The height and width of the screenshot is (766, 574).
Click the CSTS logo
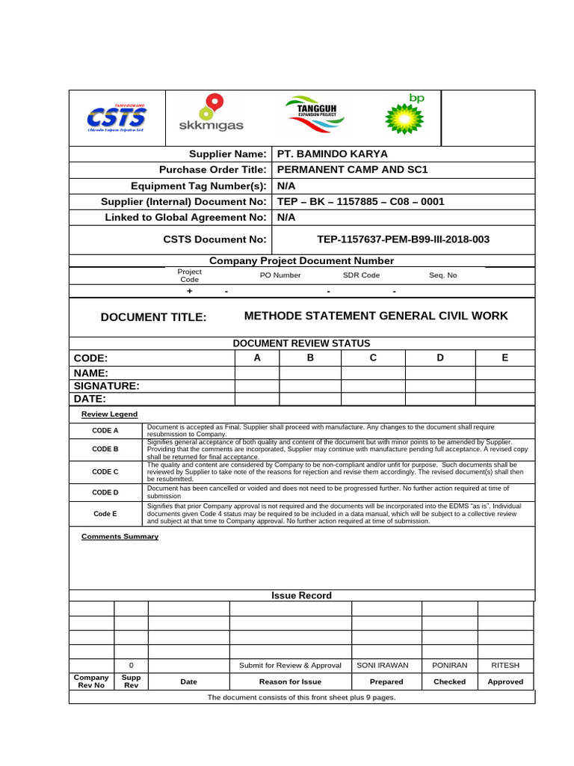coord(117,117)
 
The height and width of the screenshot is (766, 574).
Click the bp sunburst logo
coord(404,114)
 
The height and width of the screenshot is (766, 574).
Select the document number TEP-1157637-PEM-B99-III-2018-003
coord(404,239)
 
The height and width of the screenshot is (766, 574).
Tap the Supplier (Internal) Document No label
coord(183,202)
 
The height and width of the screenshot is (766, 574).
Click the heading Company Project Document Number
coord(301,261)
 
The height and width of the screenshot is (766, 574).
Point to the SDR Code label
coord(361,275)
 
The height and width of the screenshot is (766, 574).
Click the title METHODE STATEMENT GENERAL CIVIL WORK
coord(376,316)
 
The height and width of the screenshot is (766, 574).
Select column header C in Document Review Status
coord(373,358)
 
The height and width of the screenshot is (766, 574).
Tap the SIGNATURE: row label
coord(107,386)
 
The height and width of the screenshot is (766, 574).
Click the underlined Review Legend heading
coord(109,414)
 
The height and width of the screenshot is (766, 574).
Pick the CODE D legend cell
coord(105,492)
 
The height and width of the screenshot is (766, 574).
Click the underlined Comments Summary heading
coord(120,536)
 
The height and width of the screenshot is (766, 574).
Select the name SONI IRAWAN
coord(386,665)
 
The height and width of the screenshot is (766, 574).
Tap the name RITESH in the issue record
coord(505,665)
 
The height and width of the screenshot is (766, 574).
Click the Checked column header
coord(449,681)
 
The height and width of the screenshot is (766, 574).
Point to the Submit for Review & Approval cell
coord(290,665)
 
